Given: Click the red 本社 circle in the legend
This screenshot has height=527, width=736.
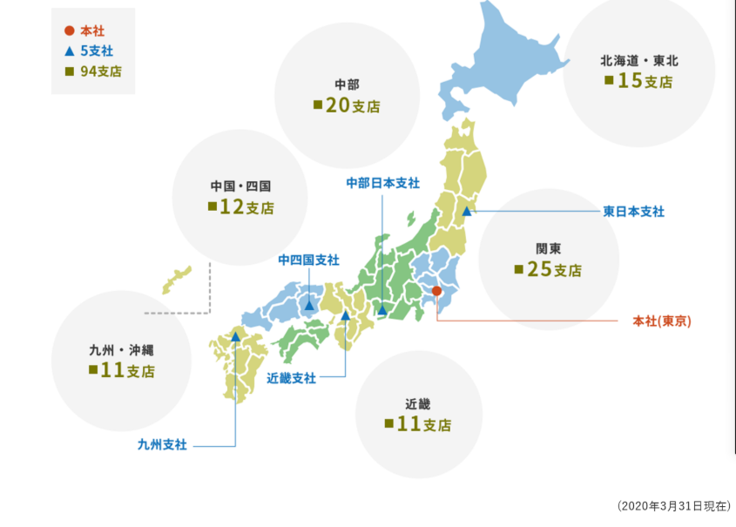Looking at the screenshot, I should (69, 31).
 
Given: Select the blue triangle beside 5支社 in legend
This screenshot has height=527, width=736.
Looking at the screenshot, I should (69, 51).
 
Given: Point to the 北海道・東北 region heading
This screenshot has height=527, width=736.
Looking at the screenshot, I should (638, 61).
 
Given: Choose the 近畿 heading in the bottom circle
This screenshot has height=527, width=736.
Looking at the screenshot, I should (418, 404).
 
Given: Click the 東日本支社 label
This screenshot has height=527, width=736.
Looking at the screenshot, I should (633, 212).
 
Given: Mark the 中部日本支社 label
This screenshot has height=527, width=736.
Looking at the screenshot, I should (382, 183).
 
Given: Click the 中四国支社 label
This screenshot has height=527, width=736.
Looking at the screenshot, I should (308, 260).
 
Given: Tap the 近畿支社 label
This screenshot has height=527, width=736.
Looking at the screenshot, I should (291, 378).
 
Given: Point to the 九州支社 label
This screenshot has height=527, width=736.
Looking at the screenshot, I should (162, 445).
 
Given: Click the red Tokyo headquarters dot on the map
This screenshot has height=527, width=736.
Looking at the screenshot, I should (437, 291).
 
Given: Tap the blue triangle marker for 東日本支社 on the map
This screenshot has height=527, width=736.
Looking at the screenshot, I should (467, 211).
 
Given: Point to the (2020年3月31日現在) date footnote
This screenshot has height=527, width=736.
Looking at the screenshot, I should (673, 505).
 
